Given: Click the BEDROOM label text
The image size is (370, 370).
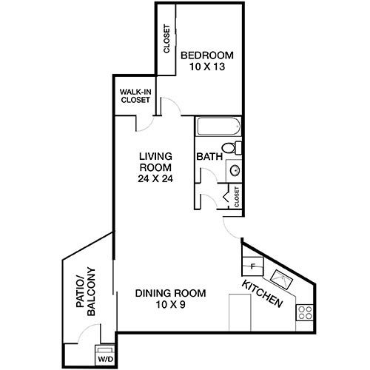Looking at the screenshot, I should coord(207,55).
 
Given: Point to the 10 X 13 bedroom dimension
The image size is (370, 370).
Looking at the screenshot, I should coord(207,67).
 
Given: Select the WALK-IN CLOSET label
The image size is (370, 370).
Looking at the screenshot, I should coord(135,96).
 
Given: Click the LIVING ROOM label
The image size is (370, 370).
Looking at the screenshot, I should coord(156,161).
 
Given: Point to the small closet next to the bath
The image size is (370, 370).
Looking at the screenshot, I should coord(234,197).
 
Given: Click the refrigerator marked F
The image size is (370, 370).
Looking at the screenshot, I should coord(252,264).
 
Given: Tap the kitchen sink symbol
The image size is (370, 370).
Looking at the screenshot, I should coord(282,279).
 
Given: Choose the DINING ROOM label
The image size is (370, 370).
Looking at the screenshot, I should coord(170,293).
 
